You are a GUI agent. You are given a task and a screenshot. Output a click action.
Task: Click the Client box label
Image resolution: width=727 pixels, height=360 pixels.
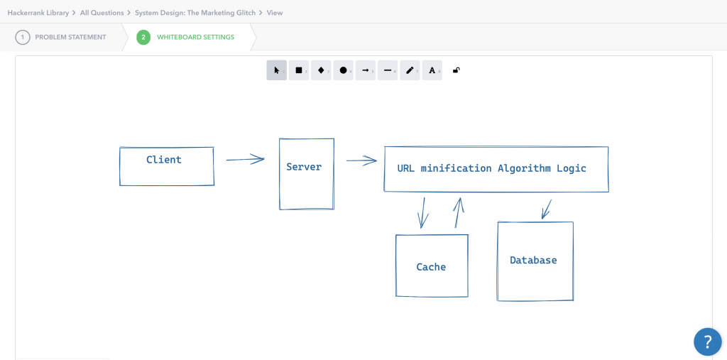point(164,160)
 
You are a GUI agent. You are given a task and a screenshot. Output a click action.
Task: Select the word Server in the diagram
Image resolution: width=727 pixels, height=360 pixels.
point(304,167)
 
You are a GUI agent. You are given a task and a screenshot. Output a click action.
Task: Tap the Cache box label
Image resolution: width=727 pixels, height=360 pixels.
point(431,267)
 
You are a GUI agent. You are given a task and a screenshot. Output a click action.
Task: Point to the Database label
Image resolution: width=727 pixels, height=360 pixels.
point(533,261)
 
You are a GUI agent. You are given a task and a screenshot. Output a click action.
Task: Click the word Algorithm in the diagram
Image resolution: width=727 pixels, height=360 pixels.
point(524,168)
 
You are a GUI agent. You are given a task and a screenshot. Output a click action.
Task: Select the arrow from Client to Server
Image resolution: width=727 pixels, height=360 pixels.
point(245,160)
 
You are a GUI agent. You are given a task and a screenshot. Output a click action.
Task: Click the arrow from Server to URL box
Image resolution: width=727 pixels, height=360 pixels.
point(361,160)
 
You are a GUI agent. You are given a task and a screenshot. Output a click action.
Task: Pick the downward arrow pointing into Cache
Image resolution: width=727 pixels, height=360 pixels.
point(423,212)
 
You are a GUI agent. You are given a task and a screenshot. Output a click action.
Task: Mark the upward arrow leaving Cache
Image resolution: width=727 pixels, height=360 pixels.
point(459,212)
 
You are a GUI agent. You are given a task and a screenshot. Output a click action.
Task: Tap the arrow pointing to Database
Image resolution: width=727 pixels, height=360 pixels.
point(546,209)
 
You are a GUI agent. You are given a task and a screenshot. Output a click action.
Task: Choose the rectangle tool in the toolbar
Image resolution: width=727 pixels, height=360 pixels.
point(299,70)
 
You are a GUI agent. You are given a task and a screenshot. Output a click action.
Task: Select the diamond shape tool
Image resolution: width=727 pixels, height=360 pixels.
point(321,70)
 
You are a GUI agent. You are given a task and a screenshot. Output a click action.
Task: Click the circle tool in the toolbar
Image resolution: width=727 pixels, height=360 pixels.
point(343,70)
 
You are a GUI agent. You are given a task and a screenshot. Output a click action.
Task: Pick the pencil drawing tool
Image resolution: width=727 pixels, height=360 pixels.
point(410,70)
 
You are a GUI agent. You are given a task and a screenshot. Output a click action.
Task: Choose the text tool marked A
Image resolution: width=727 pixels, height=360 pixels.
point(432,70)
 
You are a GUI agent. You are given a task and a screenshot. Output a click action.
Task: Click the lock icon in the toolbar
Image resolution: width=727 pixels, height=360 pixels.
point(456,70)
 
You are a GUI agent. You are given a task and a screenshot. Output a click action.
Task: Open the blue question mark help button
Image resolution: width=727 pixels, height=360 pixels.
point(707,342)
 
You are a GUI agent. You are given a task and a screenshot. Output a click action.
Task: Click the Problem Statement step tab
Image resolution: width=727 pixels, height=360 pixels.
point(70,37)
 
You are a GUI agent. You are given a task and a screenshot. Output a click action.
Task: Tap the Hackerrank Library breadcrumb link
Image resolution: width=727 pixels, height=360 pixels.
point(38,13)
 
